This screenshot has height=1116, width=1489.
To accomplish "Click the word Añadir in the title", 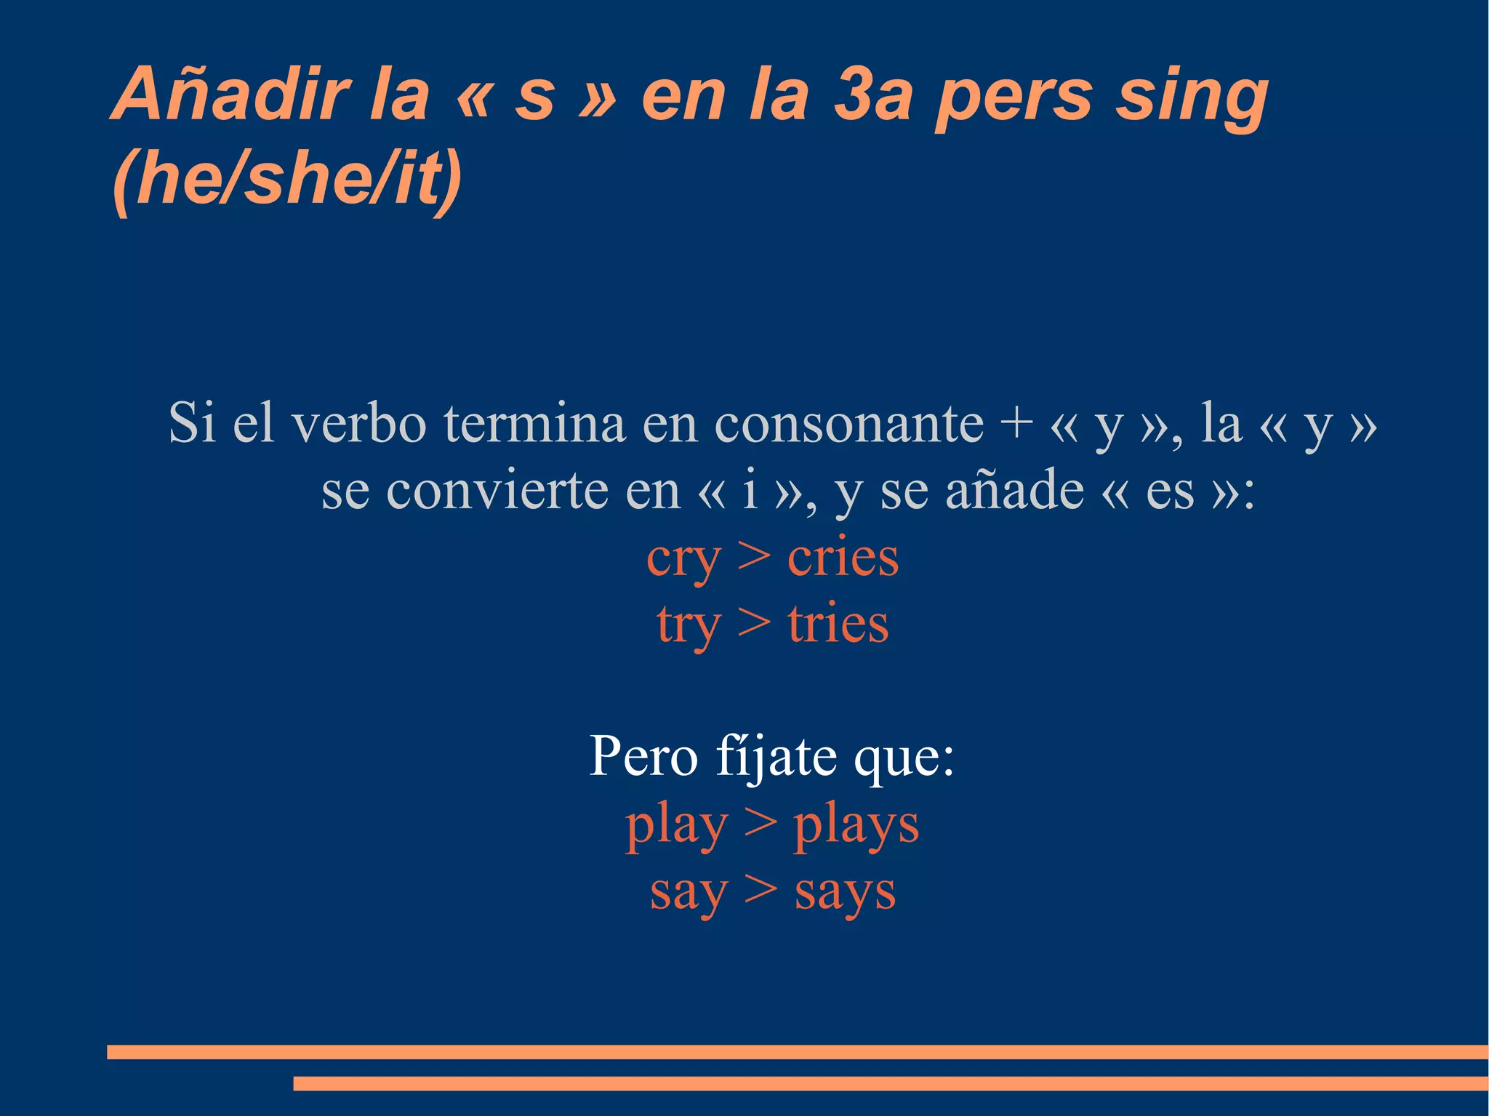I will click(x=231, y=95).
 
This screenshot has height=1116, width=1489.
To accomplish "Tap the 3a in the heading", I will click(x=872, y=95).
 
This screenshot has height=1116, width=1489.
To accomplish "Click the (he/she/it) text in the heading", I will click(x=287, y=179).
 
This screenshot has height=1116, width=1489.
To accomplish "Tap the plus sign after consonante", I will click(x=1016, y=422).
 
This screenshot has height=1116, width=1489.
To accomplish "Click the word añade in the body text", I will click(x=1014, y=490).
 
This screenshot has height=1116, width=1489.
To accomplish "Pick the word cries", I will click(x=843, y=558).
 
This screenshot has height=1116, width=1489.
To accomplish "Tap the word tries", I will click(x=838, y=624).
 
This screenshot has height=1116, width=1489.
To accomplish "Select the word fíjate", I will click(x=775, y=756).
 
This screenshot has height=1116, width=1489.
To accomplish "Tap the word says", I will click(x=845, y=892).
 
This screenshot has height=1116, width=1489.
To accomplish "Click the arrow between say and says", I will click(x=760, y=891).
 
